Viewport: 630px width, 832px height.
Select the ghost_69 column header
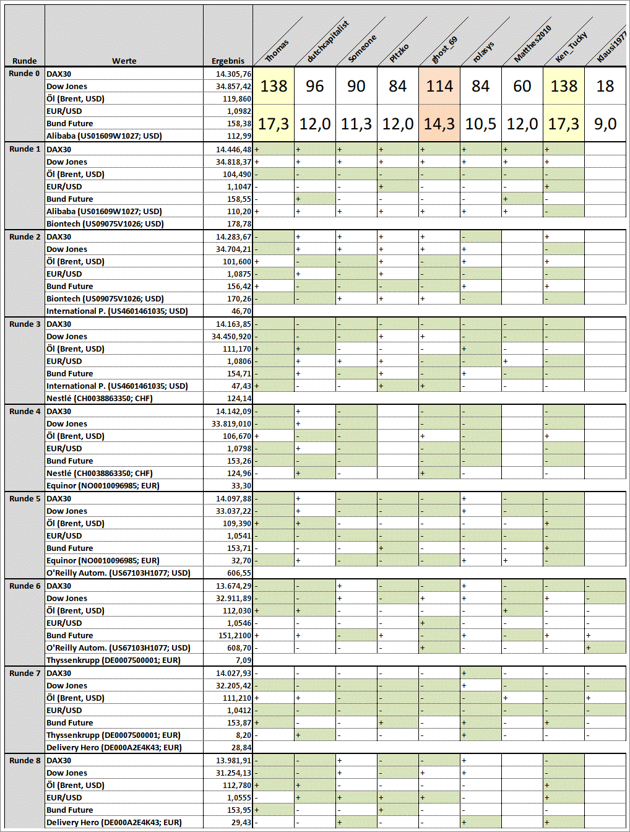click(444, 50)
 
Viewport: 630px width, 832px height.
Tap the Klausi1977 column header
click(611, 47)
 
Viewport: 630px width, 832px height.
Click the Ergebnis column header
click(228, 61)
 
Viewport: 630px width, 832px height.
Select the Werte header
click(124, 61)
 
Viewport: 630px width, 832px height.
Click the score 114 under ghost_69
click(439, 86)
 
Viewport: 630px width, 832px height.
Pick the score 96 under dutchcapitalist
click(314, 86)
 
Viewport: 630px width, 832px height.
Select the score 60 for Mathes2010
click(522, 86)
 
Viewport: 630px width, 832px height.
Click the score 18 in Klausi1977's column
click(605, 86)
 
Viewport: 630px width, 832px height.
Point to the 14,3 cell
click(439, 124)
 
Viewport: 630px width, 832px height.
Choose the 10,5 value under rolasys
click(481, 124)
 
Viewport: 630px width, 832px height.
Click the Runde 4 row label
click(25, 411)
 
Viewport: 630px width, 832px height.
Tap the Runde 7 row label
click(25, 673)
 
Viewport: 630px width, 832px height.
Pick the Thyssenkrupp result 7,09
click(243, 661)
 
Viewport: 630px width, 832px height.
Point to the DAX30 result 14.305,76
click(233, 74)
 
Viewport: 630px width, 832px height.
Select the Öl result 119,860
click(237, 98)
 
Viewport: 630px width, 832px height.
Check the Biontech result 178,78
click(239, 224)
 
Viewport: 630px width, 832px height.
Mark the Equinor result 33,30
click(241, 486)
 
